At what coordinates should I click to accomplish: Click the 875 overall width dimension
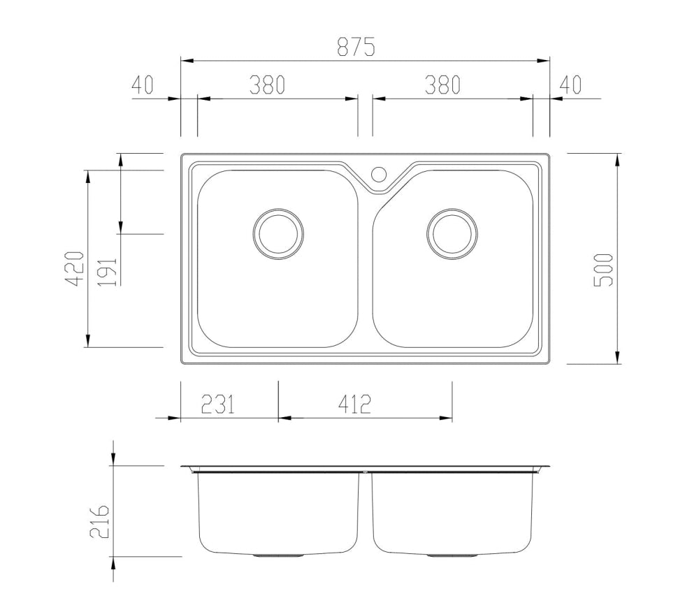point(356,48)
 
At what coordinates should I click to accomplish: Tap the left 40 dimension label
point(142,85)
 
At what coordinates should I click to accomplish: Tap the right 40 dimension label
point(570,85)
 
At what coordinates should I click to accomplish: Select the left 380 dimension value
point(267,85)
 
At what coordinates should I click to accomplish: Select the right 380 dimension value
point(442,85)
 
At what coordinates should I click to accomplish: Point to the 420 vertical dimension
point(75,268)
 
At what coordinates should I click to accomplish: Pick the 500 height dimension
point(603,269)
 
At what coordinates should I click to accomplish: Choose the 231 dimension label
point(217,404)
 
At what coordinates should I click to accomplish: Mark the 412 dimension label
point(354,404)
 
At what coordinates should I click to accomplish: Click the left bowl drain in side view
point(278,556)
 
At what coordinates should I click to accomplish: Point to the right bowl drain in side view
point(452,556)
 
